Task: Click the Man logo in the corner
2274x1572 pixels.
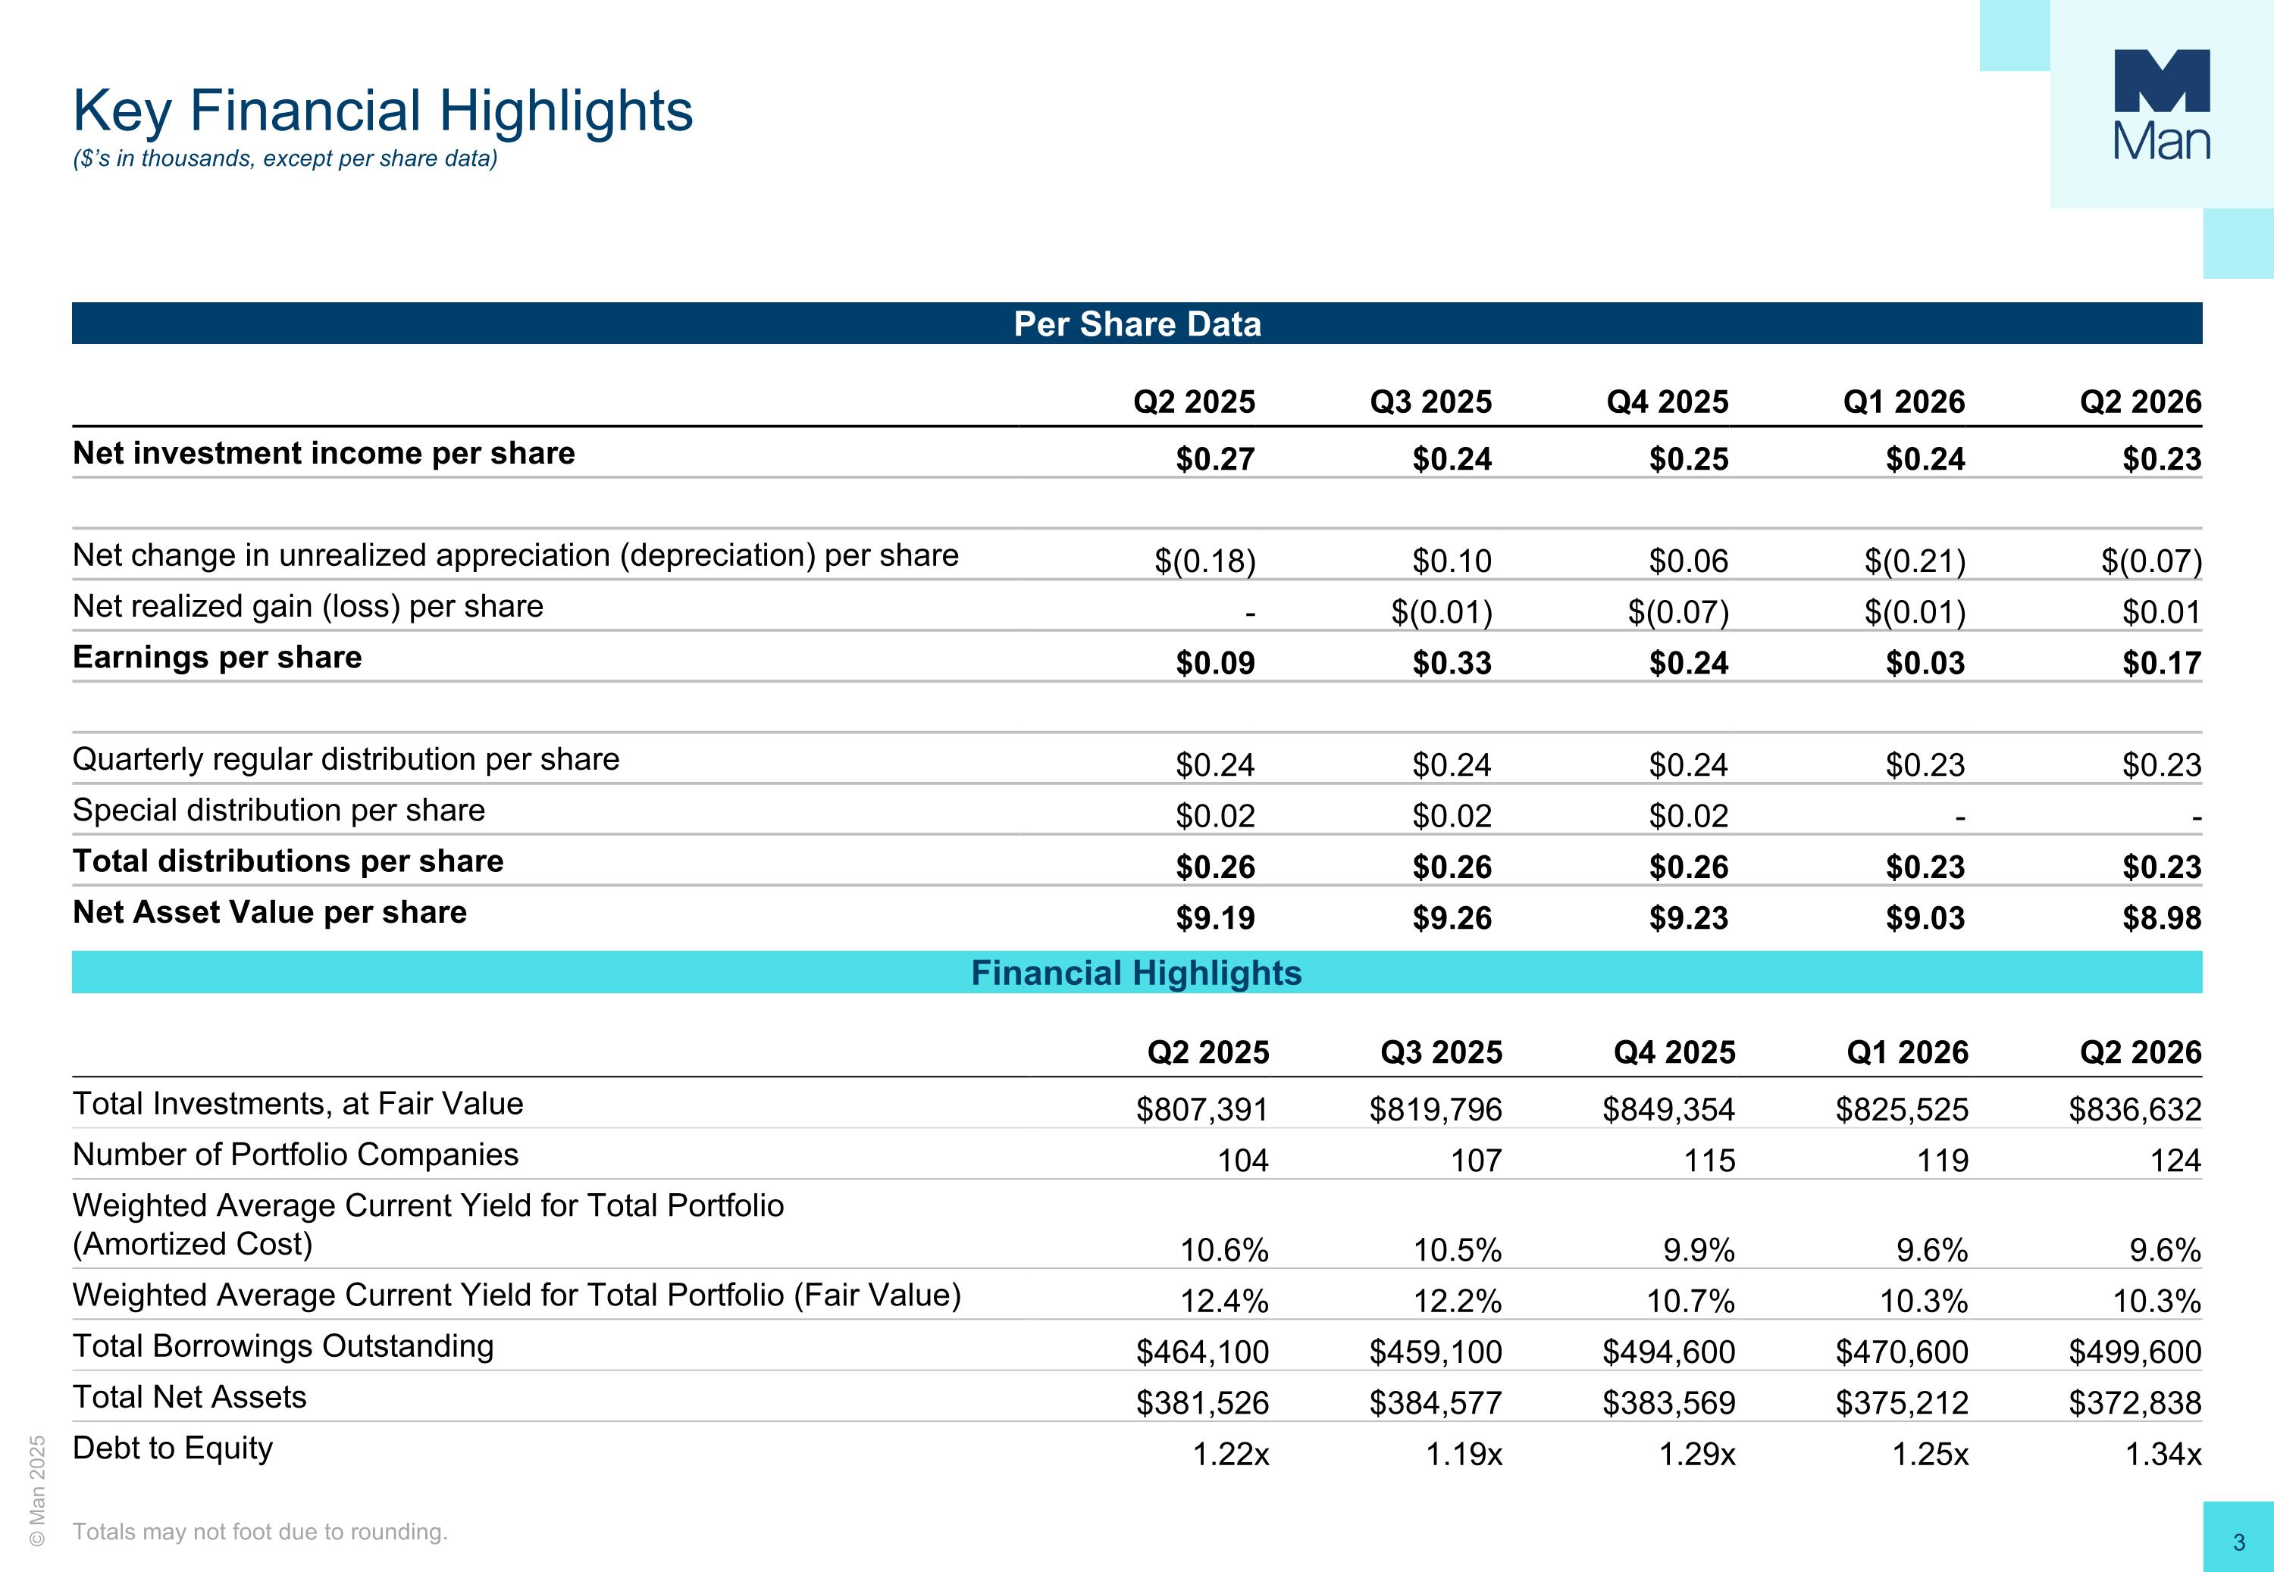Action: [x=2162, y=105]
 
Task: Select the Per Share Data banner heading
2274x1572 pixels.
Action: [x=1137, y=324]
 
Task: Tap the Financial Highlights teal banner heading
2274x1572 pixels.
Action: [x=1136, y=974]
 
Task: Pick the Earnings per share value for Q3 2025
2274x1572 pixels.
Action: [x=1452, y=663]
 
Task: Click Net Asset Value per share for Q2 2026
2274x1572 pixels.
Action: [x=2162, y=918]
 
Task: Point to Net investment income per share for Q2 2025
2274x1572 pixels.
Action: [x=1215, y=459]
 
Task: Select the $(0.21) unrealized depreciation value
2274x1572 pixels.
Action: [x=1915, y=561]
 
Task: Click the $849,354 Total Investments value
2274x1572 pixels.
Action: [x=1668, y=1110]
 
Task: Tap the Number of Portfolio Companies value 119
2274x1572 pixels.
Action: [x=1942, y=1161]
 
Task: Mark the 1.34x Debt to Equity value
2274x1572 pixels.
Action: [x=2163, y=1455]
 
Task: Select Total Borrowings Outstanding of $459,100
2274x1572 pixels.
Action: [x=1436, y=1352]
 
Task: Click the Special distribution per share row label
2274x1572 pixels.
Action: [x=279, y=811]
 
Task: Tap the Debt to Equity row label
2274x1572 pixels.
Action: [x=172, y=1449]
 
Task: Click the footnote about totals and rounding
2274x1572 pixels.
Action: [x=260, y=1532]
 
